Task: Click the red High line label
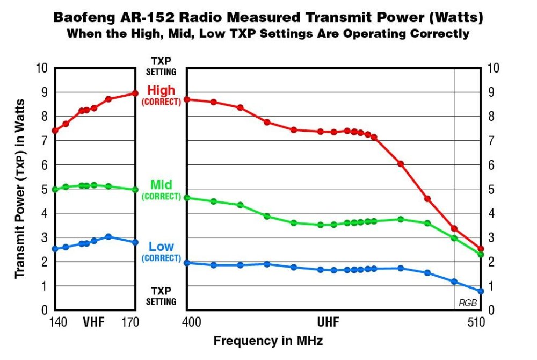pos(161,91)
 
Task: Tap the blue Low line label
pos(161,247)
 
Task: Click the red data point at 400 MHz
pos(186,99)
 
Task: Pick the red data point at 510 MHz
pos(481,249)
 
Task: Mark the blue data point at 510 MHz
pos(481,291)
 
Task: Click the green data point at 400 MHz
pos(186,198)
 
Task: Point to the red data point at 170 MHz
pos(135,93)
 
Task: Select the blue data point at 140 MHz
pos(55,249)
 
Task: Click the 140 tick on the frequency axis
pos(57,322)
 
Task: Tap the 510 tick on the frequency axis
pos(476,322)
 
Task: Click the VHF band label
pos(93,322)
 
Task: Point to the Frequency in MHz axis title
pos(268,341)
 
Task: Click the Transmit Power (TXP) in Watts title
pos(20,188)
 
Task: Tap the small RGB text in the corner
pos(467,303)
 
